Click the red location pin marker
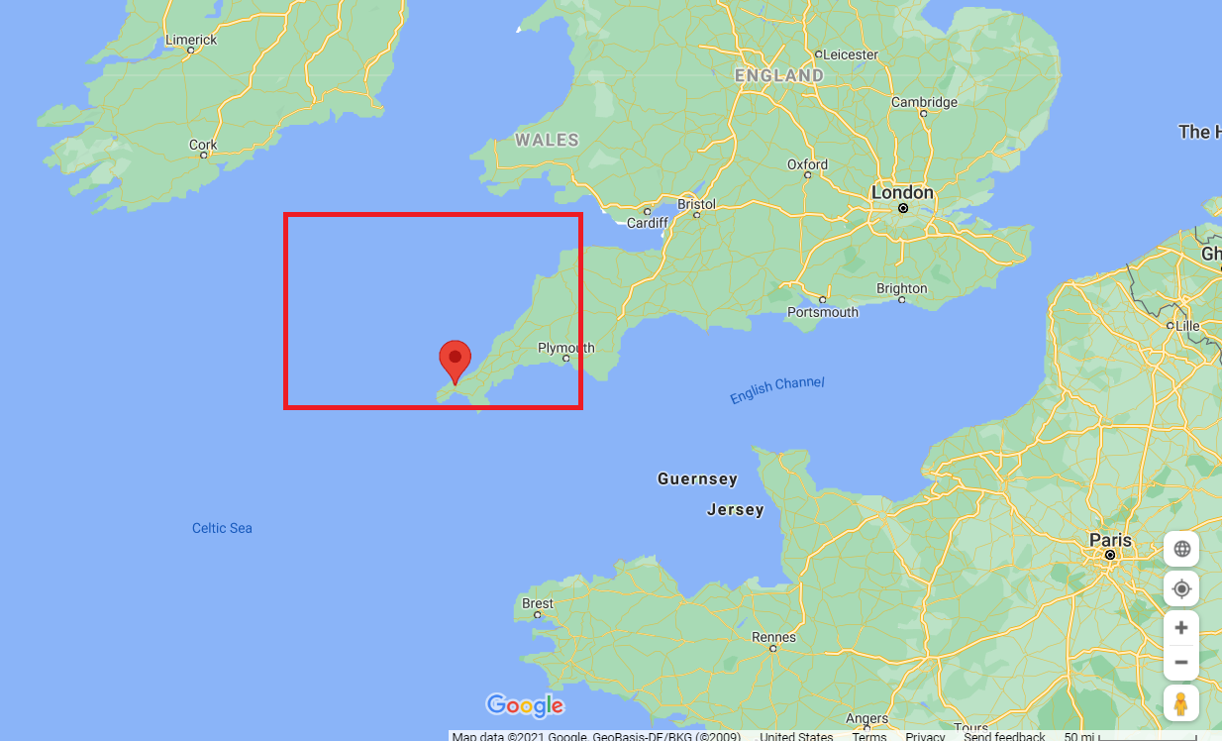pyautogui.click(x=455, y=359)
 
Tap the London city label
pyautogui.click(x=902, y=192)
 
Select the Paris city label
pyautogui.click(x=1109, y=540)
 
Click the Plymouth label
pyautogui.click(x=565, y=348)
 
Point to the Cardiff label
pyautogui.click(x=648, y=223)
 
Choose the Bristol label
pyautogui.click(x=696, y=204)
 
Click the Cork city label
pyautogui.click(x=203, y=145)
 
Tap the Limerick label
pyautogui.click(x=191, y=40)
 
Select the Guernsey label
pyautogui.click(x=697, y=479)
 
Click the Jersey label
pyautogui.click(x=735, y=510)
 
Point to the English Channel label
pyautogui.click(x=776, y=390)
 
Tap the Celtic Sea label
pyautogui.click(x=222, y=528)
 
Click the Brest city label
pyautogui.click(x=538, y=603)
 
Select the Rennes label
pyautogui.click(x=773, y=637)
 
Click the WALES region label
pyautogui.click(x=547, y=141)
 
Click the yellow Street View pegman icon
pyautogui.click(x=1180, y=703)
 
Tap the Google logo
pyautogui.click(x=525, y=705)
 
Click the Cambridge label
pyautogui.click(x=924, y=102)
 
